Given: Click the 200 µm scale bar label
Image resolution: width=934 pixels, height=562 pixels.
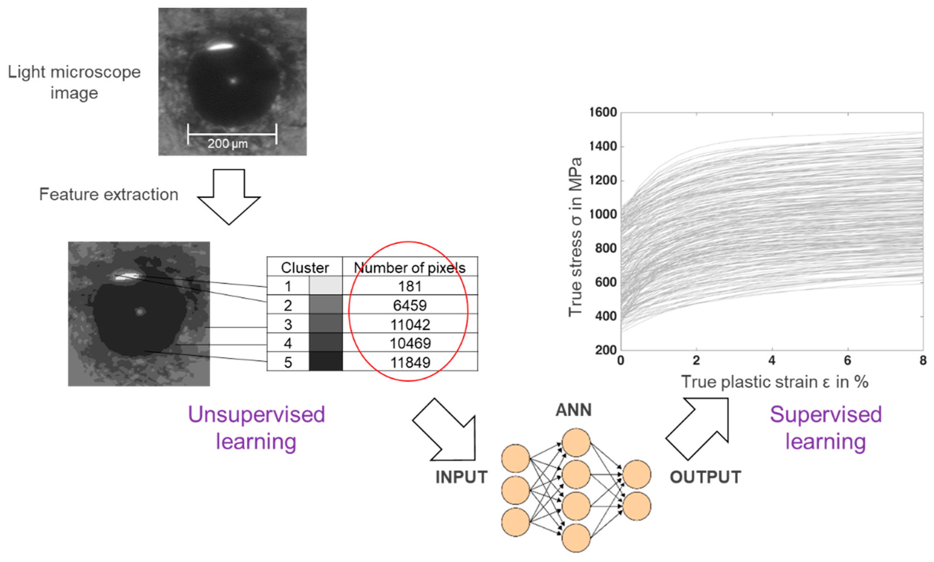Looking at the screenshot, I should coord(227,144).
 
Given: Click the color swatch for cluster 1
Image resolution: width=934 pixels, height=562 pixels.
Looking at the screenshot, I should coord(325,285).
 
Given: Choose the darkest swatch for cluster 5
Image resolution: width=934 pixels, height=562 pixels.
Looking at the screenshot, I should coord(325,362).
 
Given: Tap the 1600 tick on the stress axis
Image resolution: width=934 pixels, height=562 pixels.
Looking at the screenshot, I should coord(603,112).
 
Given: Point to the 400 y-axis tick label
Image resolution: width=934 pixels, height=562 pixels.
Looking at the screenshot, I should coord(605,316).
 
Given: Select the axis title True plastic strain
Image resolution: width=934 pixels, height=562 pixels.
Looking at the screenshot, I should coord(774,382).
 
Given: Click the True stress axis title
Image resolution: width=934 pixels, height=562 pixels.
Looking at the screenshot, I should coord(575,237).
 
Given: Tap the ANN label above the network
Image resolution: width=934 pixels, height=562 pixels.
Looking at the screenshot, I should coord(573,410).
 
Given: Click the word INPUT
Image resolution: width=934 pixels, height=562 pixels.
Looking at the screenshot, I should coord(461,477).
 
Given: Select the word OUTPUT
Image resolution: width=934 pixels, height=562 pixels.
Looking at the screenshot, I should coord(705,477).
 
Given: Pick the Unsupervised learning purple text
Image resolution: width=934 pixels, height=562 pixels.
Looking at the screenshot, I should coord(256,428).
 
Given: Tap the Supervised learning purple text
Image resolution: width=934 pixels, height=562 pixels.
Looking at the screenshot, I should coord(826,428).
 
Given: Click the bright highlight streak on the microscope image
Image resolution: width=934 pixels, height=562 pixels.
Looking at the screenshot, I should coord(220,47).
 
